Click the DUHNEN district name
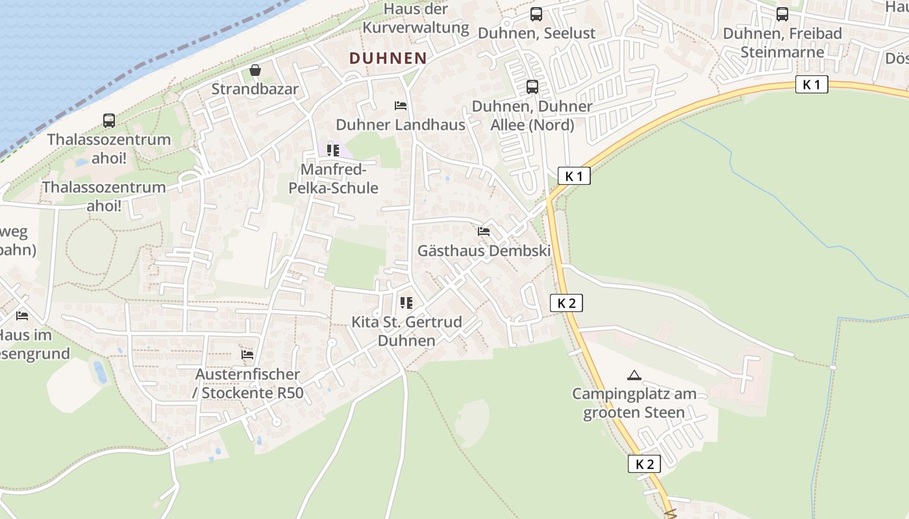[388, 58]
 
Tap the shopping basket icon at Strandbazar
[255, 70]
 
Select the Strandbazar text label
[255, 89]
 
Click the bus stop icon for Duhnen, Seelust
[536, 14]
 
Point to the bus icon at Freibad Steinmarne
[782, 14]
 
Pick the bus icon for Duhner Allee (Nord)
[532, 87]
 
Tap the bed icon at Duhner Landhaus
[401, 106]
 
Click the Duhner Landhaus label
[401, 125]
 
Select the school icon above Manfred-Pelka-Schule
[333, 151]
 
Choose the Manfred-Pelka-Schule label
[339, 178]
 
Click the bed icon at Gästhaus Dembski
[484, 232]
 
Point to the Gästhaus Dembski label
[484, 250]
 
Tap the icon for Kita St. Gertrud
[406, 302]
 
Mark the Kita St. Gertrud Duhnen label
[406, 331]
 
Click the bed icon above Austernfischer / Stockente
[247, 355]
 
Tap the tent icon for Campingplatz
[634, 375]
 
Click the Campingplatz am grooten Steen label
[634, 403]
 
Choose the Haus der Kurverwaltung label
[416, 18]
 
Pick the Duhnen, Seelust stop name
[536, 33]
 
